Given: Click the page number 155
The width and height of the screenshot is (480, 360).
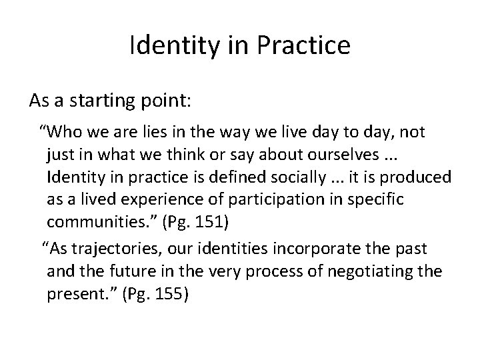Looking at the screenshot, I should tap(169, 294).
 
